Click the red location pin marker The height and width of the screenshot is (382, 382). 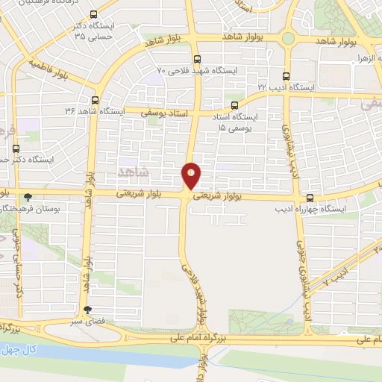pos(191,175)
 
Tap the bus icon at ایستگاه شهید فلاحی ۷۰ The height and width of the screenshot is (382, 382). pos(197,59)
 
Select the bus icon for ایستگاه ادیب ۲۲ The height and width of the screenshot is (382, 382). pos(287,75)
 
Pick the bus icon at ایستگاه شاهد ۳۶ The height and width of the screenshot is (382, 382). pos(95,99)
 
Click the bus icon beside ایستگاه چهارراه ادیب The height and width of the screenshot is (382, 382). pos(310,198)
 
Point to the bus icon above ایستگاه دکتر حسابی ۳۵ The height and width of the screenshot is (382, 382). pos(93,14)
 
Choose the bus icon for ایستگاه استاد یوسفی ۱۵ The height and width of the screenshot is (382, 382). pos(235,106)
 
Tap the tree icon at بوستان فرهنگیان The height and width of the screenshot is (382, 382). pos(28,198)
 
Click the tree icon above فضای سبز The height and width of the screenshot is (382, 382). pos(89,310)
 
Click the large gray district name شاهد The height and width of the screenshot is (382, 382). pos(134,172)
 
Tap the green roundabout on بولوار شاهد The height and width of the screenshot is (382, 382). pos(288,37)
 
